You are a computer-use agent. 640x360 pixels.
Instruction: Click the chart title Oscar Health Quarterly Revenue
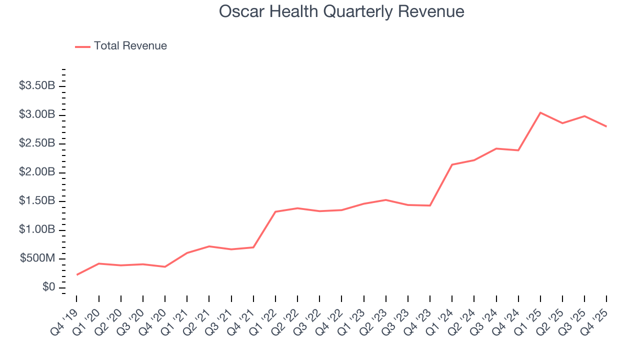click(x=341, y=11)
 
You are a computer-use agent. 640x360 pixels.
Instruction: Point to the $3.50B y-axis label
click(x=37, y=86)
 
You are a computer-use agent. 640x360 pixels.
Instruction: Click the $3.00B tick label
click(x=37, y=115)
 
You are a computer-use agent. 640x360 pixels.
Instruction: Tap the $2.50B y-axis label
click(x=37, y=143)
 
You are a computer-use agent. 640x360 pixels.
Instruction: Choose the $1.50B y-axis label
click(x=37, y=201)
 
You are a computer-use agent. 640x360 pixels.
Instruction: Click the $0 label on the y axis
click(x=48, y=287)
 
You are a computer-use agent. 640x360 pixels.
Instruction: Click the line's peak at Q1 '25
click(x=540, y=112)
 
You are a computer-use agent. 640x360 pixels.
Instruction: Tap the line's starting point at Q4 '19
click(x=76, y=274)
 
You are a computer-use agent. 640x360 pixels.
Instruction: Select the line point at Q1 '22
click(x=275, y=211)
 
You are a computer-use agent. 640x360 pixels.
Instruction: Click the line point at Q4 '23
click(x=430, y=205)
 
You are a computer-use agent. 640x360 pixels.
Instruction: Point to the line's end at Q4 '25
click(x=606, y=126)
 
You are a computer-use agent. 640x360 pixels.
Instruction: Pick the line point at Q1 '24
click(x=452, y=164)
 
